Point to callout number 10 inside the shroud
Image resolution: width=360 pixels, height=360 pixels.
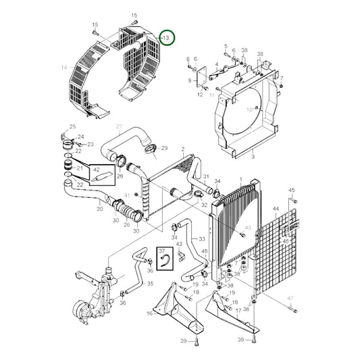click(249, 109)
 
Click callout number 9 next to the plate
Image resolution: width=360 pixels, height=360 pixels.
click(190, 80)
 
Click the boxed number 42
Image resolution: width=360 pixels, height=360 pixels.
click(96, 170)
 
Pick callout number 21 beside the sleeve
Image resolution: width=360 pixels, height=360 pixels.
click(78, 168)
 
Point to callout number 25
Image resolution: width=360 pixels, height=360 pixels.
click(72, 127)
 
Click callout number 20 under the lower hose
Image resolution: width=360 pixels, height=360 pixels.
click(99, 209)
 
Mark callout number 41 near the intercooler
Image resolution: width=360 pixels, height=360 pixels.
click(127, 195)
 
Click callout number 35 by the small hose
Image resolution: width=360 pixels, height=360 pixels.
click(150, 284)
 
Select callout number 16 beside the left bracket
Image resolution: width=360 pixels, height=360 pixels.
click(149, 314)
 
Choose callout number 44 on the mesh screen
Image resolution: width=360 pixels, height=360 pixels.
click(276, 210)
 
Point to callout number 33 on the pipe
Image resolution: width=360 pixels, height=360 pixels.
click(201, 239)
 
